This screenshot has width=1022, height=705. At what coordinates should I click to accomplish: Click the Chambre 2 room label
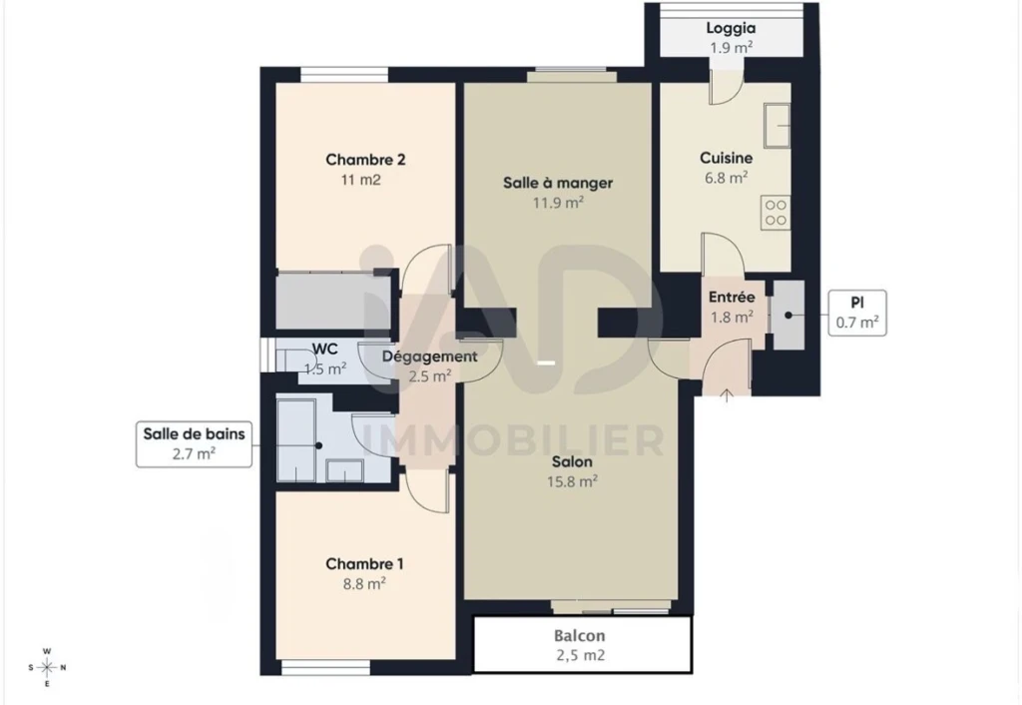(365, 160)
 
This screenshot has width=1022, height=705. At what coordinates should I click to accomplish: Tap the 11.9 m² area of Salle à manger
(558, 202)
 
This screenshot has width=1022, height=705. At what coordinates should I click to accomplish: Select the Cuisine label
(727, 158)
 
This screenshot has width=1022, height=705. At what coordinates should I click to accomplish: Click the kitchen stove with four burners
(775, 213)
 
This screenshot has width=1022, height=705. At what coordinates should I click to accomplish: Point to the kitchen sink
(776, 124)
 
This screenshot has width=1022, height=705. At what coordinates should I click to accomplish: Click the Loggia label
(731, 28)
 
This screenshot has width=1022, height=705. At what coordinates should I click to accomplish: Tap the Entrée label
(732, 298)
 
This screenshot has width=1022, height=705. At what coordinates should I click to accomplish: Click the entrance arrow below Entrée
(727, 395)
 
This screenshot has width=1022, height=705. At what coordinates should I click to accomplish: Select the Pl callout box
(857, 313)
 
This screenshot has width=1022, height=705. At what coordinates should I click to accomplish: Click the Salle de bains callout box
(194, 444)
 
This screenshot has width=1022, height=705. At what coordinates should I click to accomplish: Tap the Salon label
(572, 462)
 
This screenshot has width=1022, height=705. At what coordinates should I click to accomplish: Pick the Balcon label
(580, 635)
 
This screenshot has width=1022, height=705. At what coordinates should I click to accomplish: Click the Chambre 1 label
(364, 564)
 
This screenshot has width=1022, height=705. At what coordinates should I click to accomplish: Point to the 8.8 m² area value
(364, 584)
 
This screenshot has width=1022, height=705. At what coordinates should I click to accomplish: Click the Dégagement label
(429, 357)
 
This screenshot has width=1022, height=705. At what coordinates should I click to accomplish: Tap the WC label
(324, 349)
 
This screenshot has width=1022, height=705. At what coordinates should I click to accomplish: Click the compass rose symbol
(47, 668)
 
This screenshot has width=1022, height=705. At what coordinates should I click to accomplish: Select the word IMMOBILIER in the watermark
(512, 440)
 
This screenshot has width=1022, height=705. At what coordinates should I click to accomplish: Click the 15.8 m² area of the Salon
(572, 482)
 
